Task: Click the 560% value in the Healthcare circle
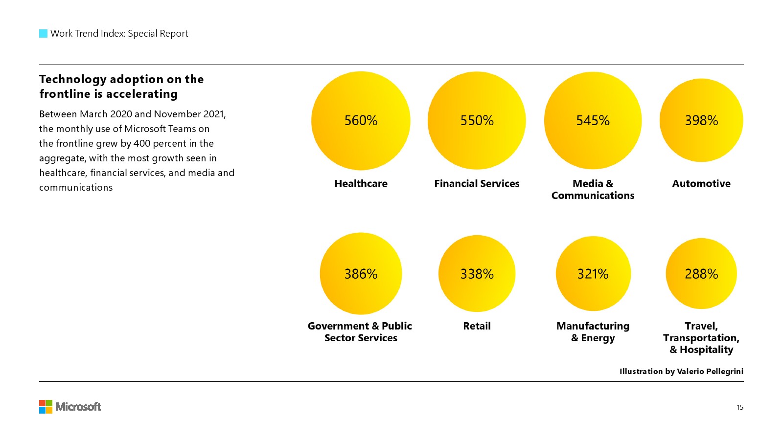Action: (361, 120)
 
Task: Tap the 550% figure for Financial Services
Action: (477, 120)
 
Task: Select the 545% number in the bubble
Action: (593, 120)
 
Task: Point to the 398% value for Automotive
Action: (701, 120)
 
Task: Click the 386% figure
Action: (361, 274)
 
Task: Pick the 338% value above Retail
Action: (477, 274)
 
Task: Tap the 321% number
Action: (593, 274)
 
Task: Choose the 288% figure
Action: (701, 274)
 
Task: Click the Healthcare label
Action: (361, 183)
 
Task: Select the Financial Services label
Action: (477, 183)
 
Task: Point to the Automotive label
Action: (701, 183)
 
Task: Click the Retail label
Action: (477, 326)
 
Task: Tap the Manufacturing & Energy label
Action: (593, 332)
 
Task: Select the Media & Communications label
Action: (593, 189)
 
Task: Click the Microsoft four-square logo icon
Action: (46, 407)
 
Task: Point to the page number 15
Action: (740, 407)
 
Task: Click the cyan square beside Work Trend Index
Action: (43, 34)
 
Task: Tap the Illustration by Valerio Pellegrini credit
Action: (681, 371)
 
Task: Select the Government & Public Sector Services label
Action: (360, 332)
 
